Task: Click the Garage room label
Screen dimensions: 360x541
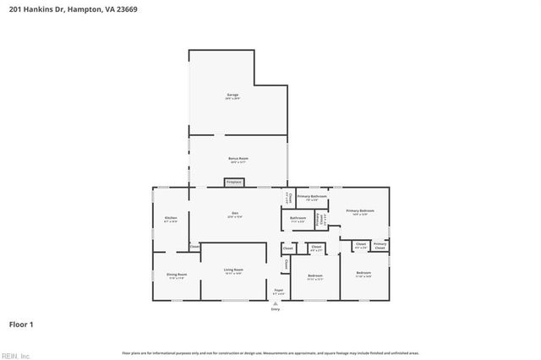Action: tap(233, 95)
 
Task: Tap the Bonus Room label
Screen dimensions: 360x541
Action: tap(238, 159)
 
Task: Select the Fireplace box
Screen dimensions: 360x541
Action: tap(234, 182)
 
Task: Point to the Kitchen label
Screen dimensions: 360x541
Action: tap(171, 219)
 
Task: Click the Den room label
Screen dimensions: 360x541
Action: tap(235, 213)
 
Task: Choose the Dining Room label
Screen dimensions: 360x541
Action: tap(177, 275)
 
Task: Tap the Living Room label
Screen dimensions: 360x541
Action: tap(233, 270)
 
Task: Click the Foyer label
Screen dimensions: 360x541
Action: tap(278, 290)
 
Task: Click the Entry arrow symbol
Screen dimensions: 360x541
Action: tap(275, 303)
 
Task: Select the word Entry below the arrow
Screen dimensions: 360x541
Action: tap(275, 310)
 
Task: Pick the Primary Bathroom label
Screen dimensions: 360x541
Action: tap(312, 196)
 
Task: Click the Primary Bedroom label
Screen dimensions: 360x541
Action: tap(360, 210)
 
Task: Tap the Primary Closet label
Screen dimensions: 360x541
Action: tap(380, 245)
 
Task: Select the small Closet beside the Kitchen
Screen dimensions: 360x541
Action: tap(194, 247)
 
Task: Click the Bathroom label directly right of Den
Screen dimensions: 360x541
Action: tap(298, 218)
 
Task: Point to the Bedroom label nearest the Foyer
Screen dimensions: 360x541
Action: tap(315, 275)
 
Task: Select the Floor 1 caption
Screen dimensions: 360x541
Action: tap(21, 324)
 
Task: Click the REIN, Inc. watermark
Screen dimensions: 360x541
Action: tap(15, 355)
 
